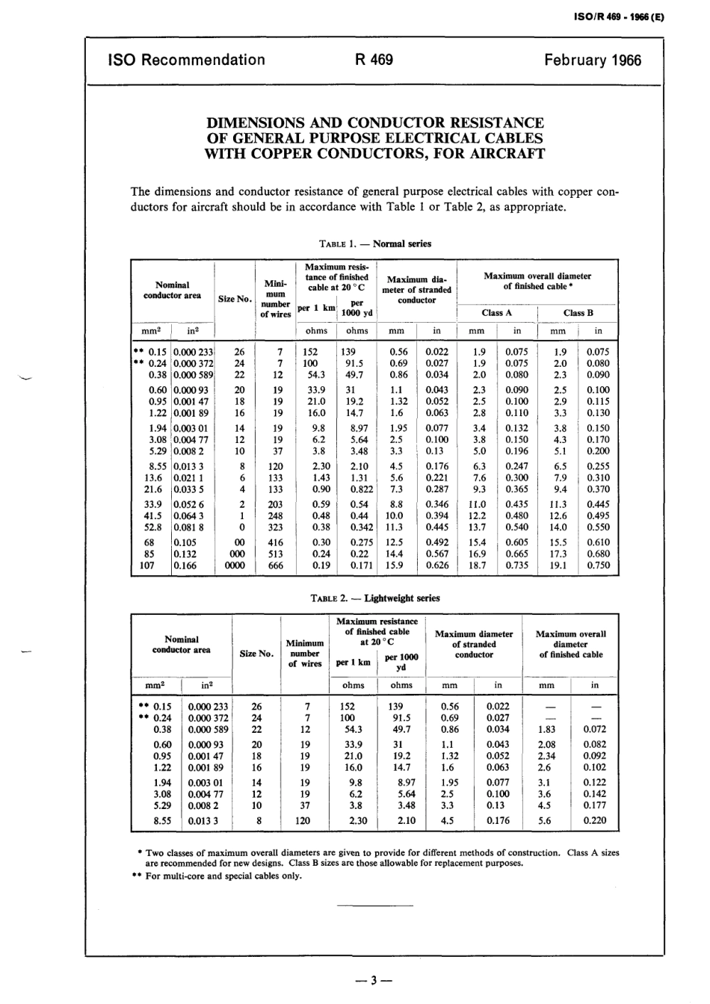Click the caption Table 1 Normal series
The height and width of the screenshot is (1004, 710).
click(374, 244)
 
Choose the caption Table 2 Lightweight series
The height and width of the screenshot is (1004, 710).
click(374, 598)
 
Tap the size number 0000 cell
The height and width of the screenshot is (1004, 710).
click(234, 565)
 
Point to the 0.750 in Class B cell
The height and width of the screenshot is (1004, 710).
click(598, 565)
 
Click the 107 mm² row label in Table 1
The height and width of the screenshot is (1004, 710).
click(147, 565)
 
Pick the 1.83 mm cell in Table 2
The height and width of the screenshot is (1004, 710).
click(546, 729)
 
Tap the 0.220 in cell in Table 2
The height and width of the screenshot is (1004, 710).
click(595, 820)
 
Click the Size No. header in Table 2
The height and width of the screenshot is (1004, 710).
click(256, 654)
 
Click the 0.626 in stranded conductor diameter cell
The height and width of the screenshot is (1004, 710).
click(437, 565)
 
